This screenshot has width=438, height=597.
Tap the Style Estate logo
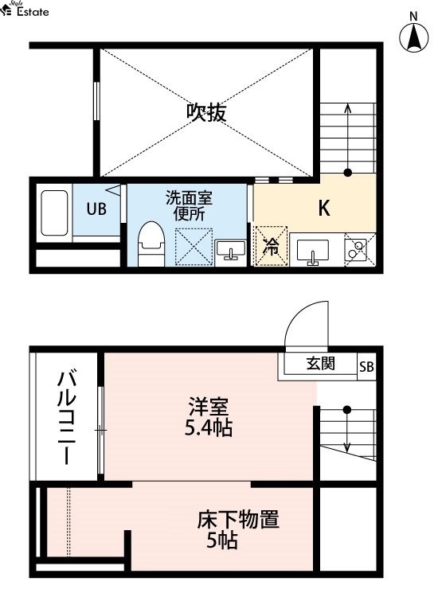[25, 9]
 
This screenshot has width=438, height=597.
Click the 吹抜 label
[206, 113]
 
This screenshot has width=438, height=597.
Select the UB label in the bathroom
[96, 209]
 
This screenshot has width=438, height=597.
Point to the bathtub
[54, 213]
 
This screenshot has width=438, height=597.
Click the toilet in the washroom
[151, 244]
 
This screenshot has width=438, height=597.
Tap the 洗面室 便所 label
[189, 206]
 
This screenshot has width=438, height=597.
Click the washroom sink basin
[230, 250]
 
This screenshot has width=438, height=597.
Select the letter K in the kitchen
[324, 208]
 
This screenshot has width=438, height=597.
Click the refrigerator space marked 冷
[271, 246]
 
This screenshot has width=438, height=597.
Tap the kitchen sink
[313, 251]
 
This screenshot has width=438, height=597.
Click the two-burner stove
[355, 250]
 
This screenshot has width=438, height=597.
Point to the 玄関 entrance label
[321, 364]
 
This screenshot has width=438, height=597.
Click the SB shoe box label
[366, 367]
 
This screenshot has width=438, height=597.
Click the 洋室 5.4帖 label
[209, 417]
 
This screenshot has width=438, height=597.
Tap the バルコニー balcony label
[66, 418]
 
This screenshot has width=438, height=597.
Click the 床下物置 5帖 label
[237, 529]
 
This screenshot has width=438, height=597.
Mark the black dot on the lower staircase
[346, 410]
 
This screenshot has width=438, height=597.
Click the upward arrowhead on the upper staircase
[347, 107]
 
